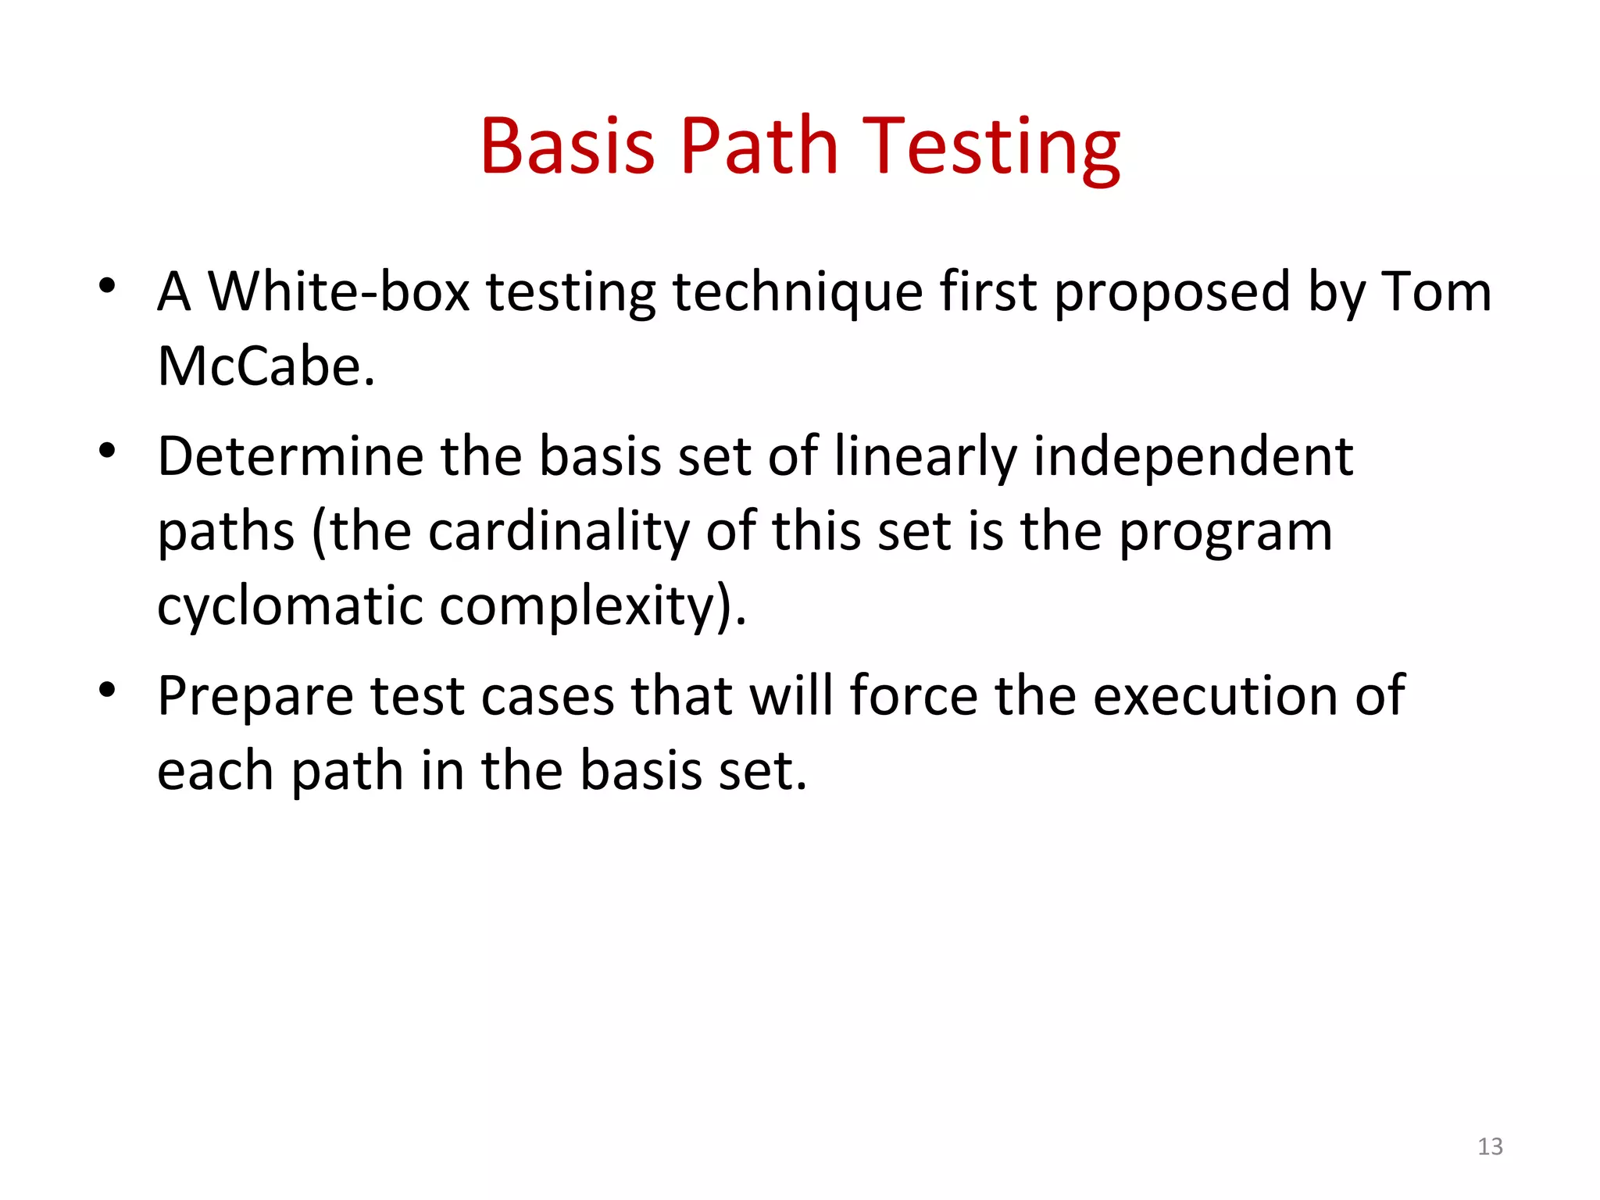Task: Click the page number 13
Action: [1490, 1146]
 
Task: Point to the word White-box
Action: [339, 291]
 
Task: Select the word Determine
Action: [289, 456]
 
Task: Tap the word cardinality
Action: [559, 531]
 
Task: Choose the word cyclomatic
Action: [290, 606]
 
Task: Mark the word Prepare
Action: [255, 695]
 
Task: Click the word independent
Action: [1193, 456]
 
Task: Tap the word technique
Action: [798, 291]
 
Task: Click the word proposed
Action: [1172, 291]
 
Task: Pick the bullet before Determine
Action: [108, 451]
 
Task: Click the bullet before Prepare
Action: [108, 690]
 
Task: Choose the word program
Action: [1226, 531]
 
